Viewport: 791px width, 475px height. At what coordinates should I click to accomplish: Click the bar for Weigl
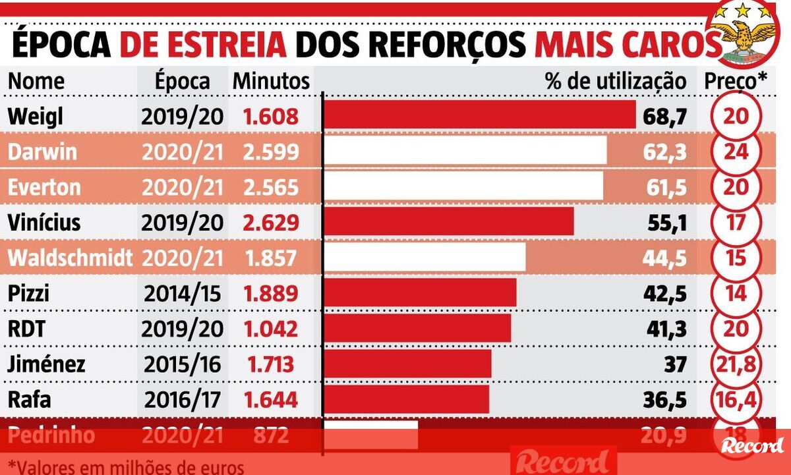[x=480, y=116]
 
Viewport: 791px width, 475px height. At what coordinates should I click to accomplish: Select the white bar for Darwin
[x=465, y=151]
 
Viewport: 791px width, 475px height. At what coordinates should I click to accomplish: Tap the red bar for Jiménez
[x=408, y=364]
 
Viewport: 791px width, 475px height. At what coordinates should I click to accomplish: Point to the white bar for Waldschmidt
[x=425, y=257]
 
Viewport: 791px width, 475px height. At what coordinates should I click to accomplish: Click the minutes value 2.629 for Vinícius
[x=271, y=222]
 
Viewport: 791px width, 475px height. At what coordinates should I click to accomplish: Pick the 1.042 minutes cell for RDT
[x=271, y=329]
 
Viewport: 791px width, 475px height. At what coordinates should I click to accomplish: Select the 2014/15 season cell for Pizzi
[x=182, y=293]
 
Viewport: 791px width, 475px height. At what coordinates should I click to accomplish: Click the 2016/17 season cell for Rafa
[x=182, y=399]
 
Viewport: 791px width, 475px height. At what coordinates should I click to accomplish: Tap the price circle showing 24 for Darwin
[x=736, y=152]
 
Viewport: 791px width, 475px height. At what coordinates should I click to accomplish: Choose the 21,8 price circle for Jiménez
[x=736, y=364]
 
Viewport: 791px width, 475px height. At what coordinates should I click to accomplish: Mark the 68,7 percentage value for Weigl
[x=665, y=117]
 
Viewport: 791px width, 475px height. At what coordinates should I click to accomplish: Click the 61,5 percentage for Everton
[x=665, y=187]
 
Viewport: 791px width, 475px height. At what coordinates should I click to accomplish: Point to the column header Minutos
[x=271, y=81]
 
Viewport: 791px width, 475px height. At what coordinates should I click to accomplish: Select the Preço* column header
[x=736, y=81]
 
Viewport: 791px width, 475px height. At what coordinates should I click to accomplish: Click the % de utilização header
[x=615, y=81]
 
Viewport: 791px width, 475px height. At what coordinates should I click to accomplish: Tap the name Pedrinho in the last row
[x=51, y=435]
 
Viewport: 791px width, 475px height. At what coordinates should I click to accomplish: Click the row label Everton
[x=44, y=187]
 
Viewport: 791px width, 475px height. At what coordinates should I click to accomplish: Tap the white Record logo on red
[x=752, y=445]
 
